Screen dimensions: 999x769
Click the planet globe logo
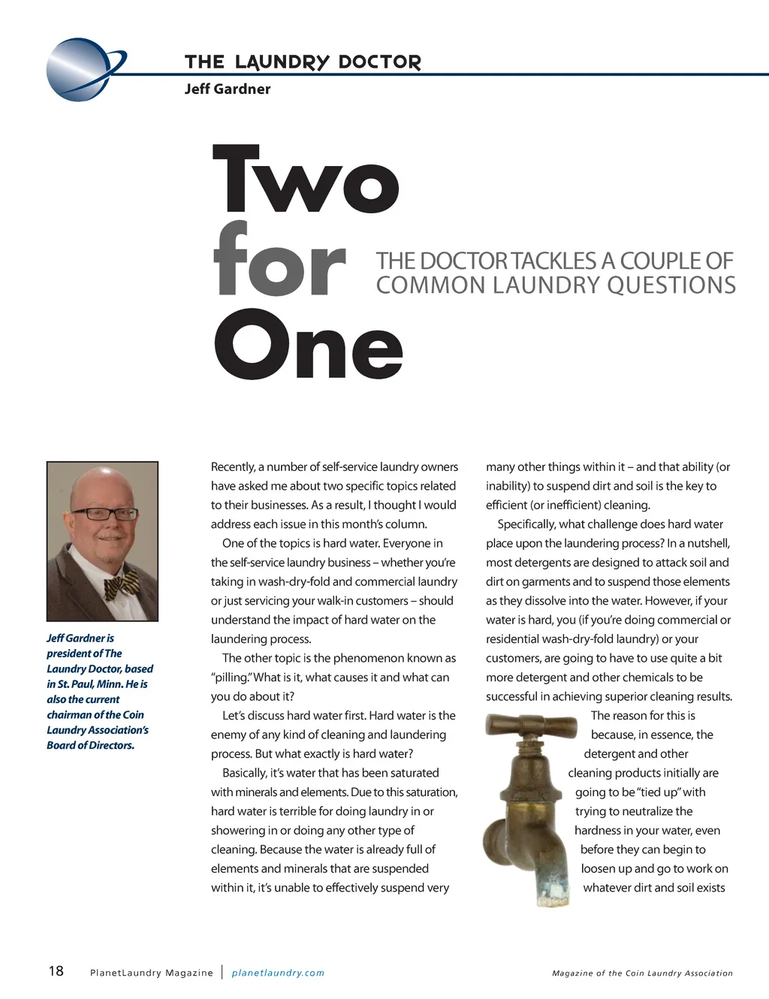click(x=81, y=69)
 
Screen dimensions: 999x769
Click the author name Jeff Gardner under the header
click(x=227, y=89)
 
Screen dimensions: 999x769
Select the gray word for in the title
click(x=279, y=261)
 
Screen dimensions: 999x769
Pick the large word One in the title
click(x=308, y=345)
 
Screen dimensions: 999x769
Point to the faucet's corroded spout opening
click(x=549, y=893)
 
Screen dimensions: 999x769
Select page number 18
click(x=56, y=971)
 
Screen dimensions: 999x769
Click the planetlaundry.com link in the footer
click(x=278, y=973)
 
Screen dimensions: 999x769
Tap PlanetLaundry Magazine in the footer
click(x=151, y=973)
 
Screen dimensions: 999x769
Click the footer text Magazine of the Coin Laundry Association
click(x=642, y=973)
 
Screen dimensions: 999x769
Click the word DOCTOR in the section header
click(x=380, y=62)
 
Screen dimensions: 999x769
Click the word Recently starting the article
click(x=233, y=466)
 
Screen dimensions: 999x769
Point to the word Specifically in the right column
click(x=526, y=524)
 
